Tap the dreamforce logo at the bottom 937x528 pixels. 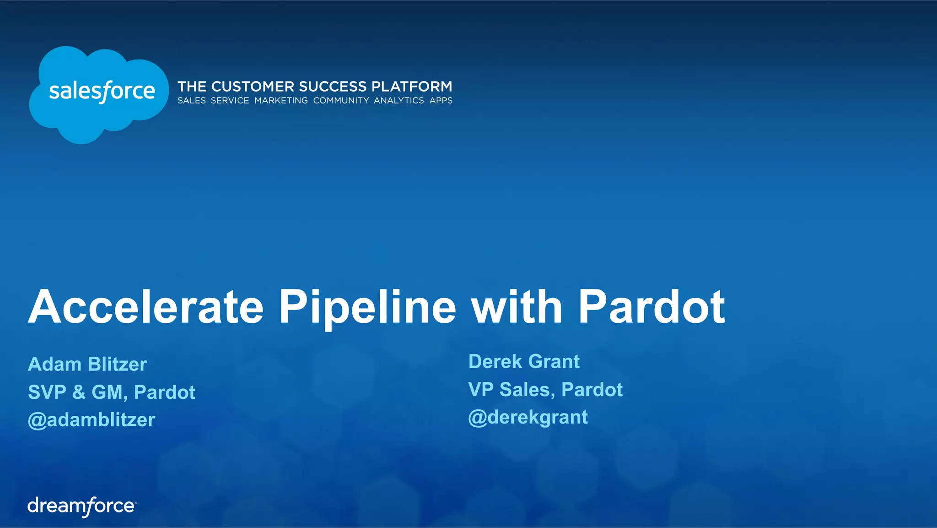point(82,506)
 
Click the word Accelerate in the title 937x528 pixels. point(146,307)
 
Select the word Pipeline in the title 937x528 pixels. point(367,307)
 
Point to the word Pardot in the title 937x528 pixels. point(651,307)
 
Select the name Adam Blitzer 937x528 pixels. point(87,365)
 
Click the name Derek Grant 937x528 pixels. point(524,362)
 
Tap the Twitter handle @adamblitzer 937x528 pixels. point(92,420)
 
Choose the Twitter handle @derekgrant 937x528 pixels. point(528,417)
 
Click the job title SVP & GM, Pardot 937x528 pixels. point(112,392)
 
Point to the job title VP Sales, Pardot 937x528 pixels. point(545,390)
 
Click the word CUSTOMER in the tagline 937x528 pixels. point(253,87)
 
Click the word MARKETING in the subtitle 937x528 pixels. point(281,101)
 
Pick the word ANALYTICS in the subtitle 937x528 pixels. point(399,101)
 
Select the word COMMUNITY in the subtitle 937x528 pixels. point(341,101)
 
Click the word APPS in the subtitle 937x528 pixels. point(441,101)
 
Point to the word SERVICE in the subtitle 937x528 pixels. point(230,101)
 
